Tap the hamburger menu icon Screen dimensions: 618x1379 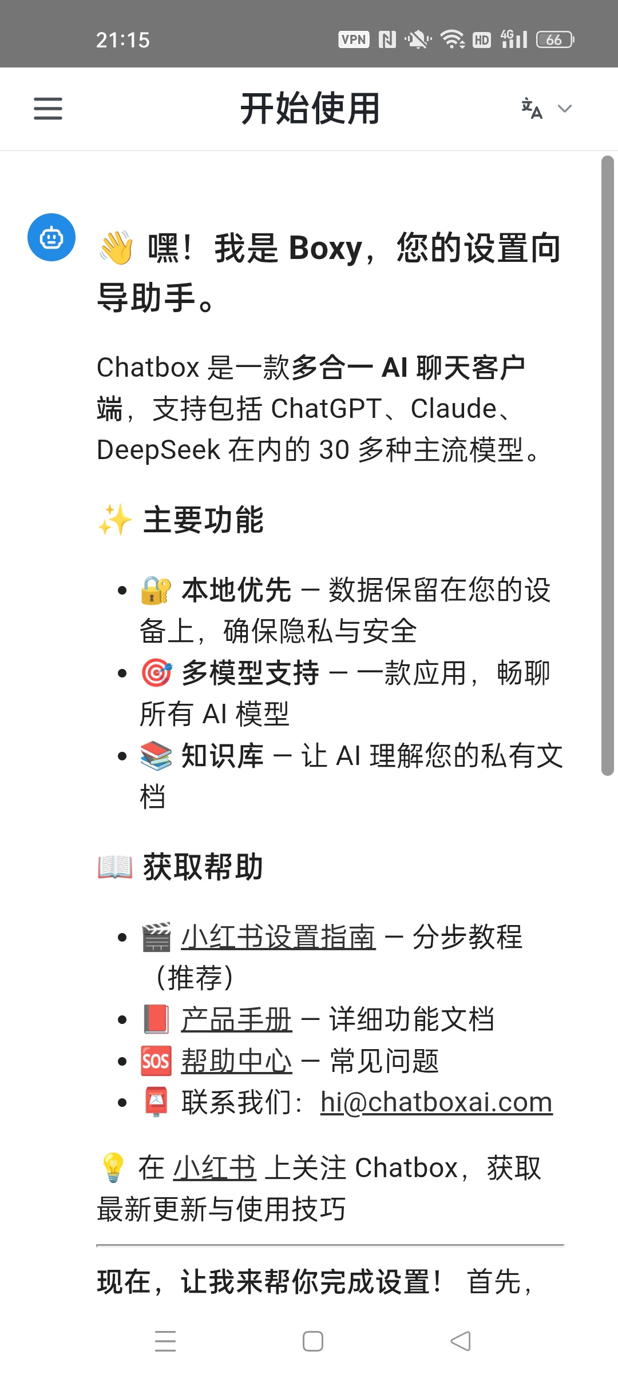[48, 109]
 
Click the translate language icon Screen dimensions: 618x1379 [532, 109]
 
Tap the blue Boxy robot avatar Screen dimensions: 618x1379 [51, 237]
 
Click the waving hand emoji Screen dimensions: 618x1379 [116, 248]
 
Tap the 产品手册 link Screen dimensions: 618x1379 [237, 1019]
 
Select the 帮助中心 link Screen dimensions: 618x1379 [237, 1061]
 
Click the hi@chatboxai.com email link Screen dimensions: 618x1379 [437, 1102]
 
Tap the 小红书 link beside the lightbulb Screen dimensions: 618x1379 [215, 1167]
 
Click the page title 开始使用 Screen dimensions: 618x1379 [310, 109]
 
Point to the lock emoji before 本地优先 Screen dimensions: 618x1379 [156, 590]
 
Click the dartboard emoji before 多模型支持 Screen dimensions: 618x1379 [156, 673]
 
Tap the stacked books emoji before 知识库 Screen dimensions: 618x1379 [156, 756]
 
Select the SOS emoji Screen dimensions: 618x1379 [156, 1061]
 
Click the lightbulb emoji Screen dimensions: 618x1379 [113, 1167]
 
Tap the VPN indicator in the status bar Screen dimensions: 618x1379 [354, 39]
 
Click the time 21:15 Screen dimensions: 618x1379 [123, 40]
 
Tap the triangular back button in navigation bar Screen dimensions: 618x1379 [461, 1341]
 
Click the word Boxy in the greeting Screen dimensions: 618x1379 [326, 248]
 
